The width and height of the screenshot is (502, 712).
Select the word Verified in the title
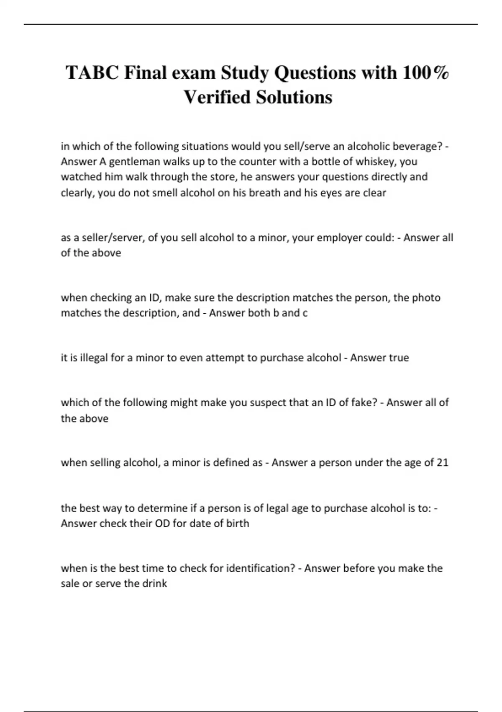tap(217, 97)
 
